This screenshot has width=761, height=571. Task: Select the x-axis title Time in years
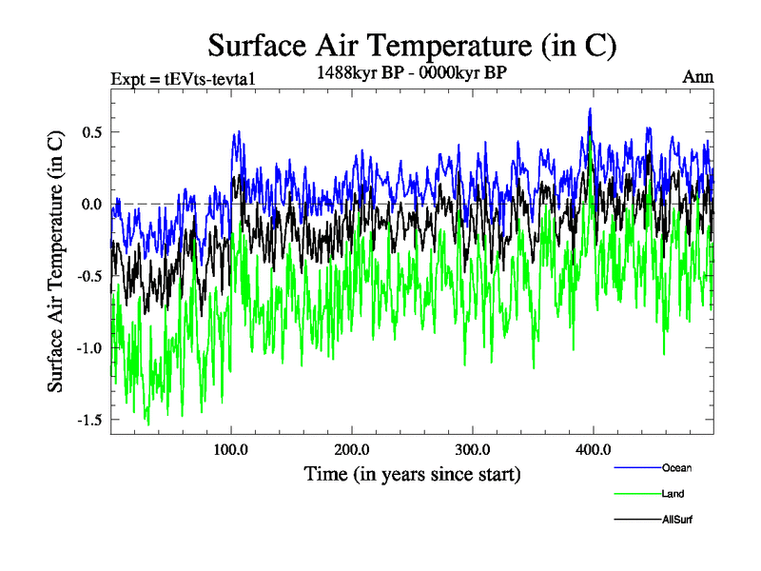(x=412, y=473)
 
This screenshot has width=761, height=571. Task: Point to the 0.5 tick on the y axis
(x=91, y=131)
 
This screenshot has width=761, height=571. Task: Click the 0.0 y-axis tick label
(x=91, y=204)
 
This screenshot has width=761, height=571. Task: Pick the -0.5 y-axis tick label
(x=88, y=276)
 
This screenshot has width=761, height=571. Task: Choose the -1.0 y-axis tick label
(x=88, y=347)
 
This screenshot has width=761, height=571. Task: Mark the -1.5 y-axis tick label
(x=88, y=420)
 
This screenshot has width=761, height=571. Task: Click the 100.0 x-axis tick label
(x=231, y=449)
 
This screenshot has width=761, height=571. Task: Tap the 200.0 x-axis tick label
(x=352, y=449)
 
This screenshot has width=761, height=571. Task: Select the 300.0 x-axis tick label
(x=472, y=449)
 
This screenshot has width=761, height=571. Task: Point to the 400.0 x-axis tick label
(x=593, y=449)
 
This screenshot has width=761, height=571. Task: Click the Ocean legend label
(x=676, y=467)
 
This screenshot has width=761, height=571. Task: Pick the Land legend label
(x=673, y=494)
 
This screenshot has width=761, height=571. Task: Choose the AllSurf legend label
(x=677, y=520)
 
